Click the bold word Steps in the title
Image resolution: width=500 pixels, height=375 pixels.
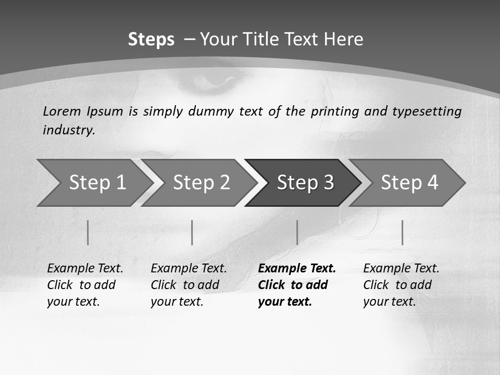coord(151,40)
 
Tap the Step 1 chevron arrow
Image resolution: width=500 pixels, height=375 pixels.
coord(94,183)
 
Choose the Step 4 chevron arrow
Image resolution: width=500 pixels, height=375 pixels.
coord(408,183)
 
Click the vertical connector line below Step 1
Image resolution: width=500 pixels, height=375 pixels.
coord(88,232)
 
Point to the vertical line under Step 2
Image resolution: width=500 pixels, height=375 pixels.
coord(192,232)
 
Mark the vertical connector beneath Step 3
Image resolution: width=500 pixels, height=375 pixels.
coord(297,232)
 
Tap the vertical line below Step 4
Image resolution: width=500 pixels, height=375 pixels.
coord(402,232)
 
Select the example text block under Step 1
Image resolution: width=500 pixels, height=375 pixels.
coord(85,285)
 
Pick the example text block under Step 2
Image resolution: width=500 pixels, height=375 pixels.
coord(189,285)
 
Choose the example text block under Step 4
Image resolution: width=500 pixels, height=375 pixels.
coord(401,285)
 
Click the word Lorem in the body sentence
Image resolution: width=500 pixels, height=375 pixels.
coord(62,111)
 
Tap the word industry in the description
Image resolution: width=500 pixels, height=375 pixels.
coord(69,130)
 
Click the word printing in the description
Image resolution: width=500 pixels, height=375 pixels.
coord(334,111)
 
